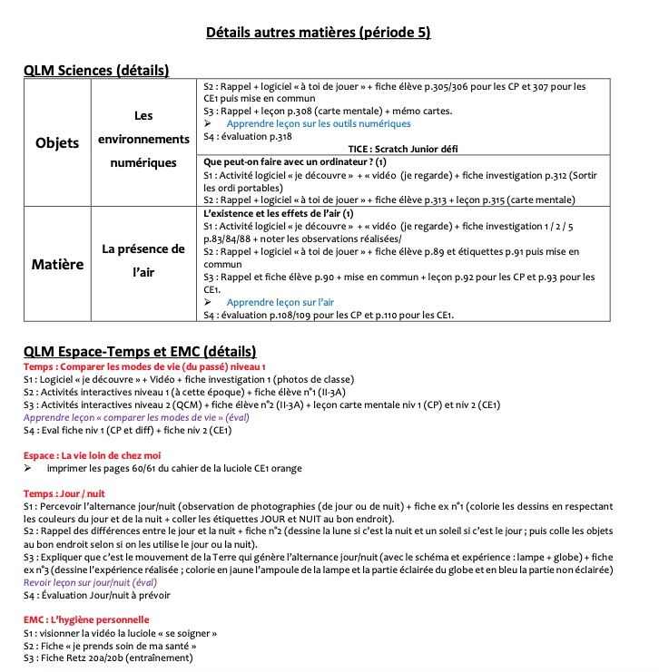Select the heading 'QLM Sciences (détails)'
pos(96,70)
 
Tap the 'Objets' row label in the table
pos(57,143)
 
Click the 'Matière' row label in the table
pos(58,265)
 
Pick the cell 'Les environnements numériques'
pos(143,140)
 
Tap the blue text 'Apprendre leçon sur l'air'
pos(280,302)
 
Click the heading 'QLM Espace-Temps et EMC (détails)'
pos(140,351)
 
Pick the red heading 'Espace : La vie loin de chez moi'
pos(92,455)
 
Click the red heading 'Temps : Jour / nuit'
pos(64,492)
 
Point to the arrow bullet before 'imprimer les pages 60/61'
pos(28,468)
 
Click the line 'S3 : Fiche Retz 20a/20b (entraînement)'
pos(108,657)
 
